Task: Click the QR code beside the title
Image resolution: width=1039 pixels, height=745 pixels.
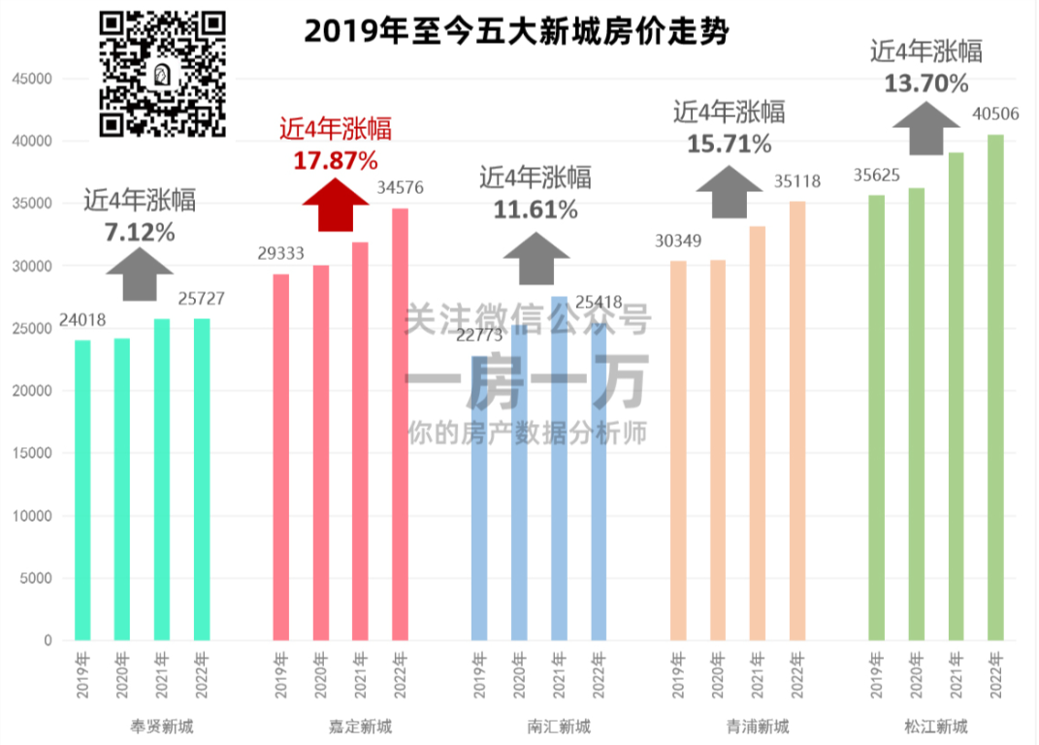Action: (x=164, y=74)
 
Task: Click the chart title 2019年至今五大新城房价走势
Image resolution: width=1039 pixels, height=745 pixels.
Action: (x=515, y=32)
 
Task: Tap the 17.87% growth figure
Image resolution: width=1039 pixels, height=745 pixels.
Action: (x=336, y=159)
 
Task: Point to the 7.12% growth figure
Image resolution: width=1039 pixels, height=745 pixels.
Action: (x=140, y=232)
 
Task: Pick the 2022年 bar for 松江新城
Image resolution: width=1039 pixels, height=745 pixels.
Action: (x=995, y=387)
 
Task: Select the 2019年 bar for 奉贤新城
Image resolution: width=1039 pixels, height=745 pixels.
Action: (x=82, y=490)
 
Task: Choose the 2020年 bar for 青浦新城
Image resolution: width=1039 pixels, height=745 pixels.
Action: (x=717, y=450)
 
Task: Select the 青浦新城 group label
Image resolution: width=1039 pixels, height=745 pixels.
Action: (x=758, y=726)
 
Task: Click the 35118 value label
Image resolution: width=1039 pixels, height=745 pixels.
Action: (x=797, y=181)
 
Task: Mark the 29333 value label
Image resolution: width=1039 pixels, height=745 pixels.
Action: (x=281, y=253)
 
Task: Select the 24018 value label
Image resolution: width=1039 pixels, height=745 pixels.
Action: (x=82, y=320)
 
